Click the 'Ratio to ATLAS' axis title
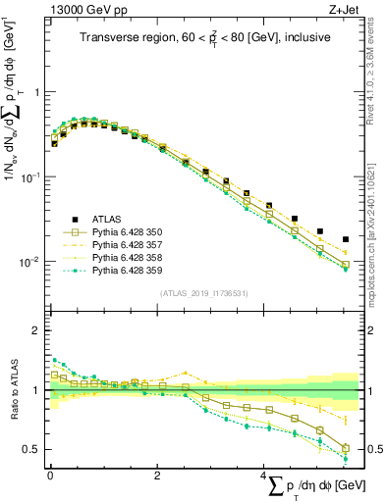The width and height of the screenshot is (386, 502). click(13, 391)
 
